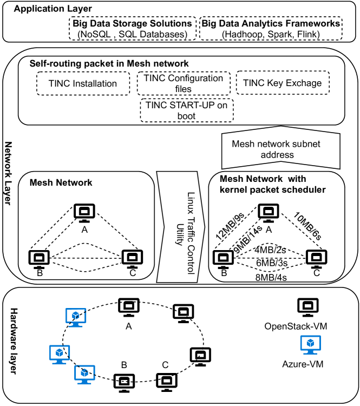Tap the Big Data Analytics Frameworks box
click(x=271, y=29)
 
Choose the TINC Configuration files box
click(x=184, y=83)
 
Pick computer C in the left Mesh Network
click(x=131, y=258)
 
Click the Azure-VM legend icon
click(x=311, y=344)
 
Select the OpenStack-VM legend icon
click(x=305, y=307)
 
